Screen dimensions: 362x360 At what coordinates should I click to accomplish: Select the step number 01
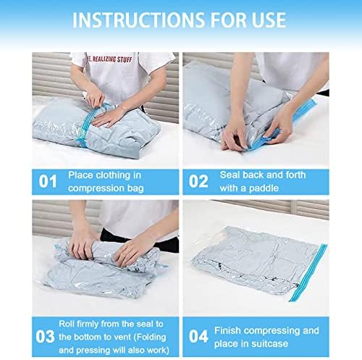tap(48, 181)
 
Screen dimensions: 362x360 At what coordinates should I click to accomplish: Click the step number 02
tap(198, 181)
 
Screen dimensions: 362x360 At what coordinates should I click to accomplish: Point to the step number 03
tap(45, 337)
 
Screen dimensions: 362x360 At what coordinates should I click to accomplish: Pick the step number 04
tap(198, 336)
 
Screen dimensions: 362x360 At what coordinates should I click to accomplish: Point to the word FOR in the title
tap(229, 20)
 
